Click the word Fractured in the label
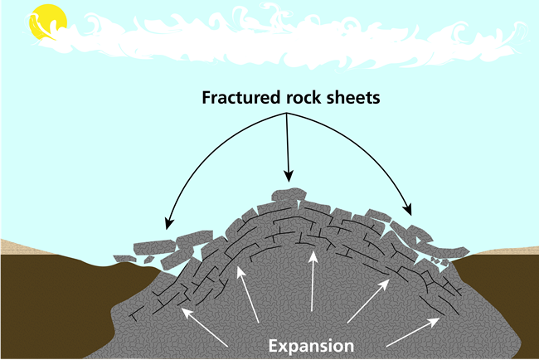(x=237, y=98)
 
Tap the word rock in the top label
(x=303, y=98)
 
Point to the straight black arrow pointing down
(x=288, y=145)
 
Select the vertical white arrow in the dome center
(x=312, y=282)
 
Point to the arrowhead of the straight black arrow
(x=288, y=177)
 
